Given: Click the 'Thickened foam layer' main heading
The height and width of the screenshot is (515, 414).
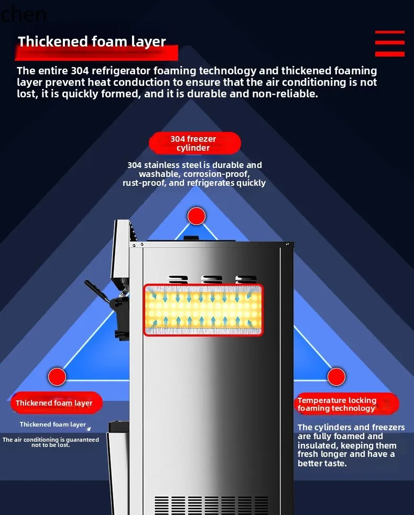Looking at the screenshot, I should pyautogui.click(x=92, y=42).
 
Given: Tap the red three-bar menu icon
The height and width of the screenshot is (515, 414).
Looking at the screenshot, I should pyautogui.click(x=389, y=43).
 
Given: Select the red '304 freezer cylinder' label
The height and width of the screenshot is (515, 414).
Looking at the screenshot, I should pyautogui.click(x=193, y=143).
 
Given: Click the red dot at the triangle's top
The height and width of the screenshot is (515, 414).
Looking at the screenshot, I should pyautogui.click(x=197, y=216).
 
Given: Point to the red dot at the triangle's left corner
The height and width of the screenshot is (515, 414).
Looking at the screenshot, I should pyautogui.click(x=57, y=376).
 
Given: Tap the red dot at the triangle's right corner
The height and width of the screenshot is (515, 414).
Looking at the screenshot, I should pyautogui.click(x=336, y=376).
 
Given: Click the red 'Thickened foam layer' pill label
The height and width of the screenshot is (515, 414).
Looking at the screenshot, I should pyautogui.click(x=55, y=403).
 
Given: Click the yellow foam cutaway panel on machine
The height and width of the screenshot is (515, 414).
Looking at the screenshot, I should pyautogui.click(x=203, y=310).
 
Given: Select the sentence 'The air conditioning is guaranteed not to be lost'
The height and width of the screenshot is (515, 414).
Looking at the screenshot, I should pyautogui.click(x=50, y=442).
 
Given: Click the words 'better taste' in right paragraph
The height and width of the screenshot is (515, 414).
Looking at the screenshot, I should pyautogui.click(x=322, y=463).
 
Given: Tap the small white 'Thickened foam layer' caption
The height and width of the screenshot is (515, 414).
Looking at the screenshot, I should pyautogui.click(x=52, y=424).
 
